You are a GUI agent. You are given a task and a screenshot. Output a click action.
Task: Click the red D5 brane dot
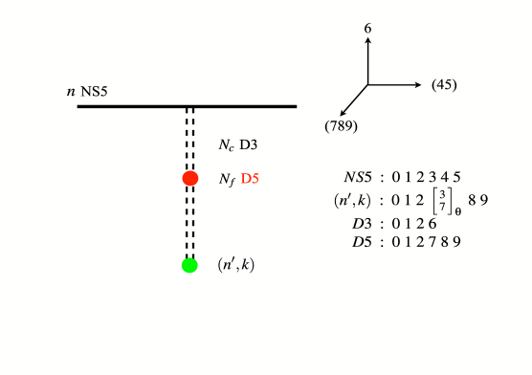(190, 178)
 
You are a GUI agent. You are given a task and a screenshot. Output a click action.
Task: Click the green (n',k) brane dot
(189, 265)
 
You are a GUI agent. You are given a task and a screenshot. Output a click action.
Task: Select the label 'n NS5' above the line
(86, 92)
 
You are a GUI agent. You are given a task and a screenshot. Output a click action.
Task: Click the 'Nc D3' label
(238, 145)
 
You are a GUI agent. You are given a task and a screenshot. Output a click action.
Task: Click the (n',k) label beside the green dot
(236, 264)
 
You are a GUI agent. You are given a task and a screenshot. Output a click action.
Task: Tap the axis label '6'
(367, 31)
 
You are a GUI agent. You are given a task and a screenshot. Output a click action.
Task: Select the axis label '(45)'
(444, 85)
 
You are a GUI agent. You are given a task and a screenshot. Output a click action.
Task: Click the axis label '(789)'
(341, 125)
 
